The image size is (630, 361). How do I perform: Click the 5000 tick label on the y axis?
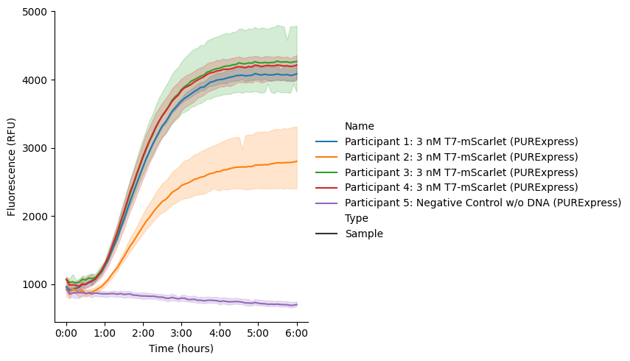click(x=35, y=12)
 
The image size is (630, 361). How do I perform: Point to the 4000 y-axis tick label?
click(x=35, y=80)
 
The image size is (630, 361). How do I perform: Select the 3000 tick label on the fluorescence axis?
click(x=35, y=148)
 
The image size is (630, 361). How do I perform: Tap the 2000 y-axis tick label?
click(x=35, y=217)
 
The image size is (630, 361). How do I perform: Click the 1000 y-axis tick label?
click(x=35, y=284)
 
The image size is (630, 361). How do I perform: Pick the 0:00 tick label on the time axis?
click(x=66, y=333)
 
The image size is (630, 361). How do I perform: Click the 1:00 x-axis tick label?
click(x=105, y=333)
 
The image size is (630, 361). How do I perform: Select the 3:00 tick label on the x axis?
click(x=181, y=333)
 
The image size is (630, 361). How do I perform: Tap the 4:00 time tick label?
click(x=220, y=333)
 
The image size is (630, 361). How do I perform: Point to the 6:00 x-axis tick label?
click(x=297, y=333)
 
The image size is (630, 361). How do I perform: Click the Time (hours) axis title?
click(x=181, y=348)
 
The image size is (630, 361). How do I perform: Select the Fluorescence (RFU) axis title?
click(x=11, y=167)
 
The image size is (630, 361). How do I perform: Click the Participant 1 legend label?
click(x=461, y=141)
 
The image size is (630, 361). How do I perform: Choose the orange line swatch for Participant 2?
click(x=326, y=157)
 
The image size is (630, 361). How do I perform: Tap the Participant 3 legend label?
click(x=461, y=172)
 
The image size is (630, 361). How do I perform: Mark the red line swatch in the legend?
click(x=326, y=188)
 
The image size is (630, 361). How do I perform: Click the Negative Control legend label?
click(x=483, y=203)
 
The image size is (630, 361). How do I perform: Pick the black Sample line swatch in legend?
click(x=326, y=234)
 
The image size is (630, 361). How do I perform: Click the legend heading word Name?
click(x=360, y=126)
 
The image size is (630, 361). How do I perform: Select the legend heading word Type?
click(x=357, y=219)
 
